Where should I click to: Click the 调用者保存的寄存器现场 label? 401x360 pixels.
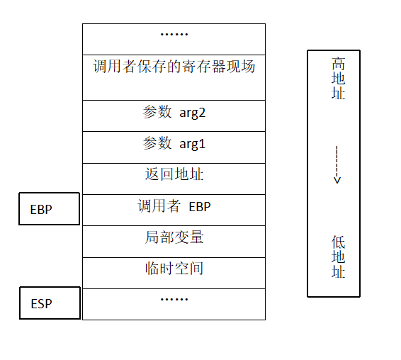pyautogui.click(x=174, y=67)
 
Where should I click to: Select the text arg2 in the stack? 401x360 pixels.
pyautogui.click(x=192, y=113)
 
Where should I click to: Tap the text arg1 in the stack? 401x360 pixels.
pyautogui.click(x=192, y=144)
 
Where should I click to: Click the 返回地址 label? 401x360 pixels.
pyautogui.click(x=174, y=174)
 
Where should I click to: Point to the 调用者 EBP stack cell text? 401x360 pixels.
pyautogui.click(x=174, y=206)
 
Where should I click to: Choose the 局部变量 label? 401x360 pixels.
pyautogui.click(x=174, y=237)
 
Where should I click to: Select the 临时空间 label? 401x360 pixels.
pyautogui.click(x=174, y=269)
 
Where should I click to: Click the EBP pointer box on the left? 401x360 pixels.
pyautogui.click(x=50, y=209)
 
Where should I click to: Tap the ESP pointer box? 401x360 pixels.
pyautogui.click(x=50, y=303)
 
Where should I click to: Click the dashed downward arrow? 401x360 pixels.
pyautogui.click(x=337, y=164)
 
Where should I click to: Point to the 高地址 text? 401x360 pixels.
pyautogui.click(x=339, y=78)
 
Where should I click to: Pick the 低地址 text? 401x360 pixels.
pyautogui.click(x=339, y=257)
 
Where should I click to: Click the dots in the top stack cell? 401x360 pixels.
pyautogui.click(x=174, y=34)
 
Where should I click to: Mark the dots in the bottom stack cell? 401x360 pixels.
pyautogui.click(x=174, y=299)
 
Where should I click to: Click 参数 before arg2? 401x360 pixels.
pyautogui.click(x=157, y=112)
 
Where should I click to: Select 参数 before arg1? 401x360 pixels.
pyautogui.click(x=157, y=143)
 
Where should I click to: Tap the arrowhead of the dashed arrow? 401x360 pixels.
pyautogui.click(x=337, y=181)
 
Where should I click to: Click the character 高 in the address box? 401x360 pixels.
pyautogui.click(x=339, y=64)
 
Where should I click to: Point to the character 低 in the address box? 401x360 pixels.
pyautogui.click(x=339, y=242)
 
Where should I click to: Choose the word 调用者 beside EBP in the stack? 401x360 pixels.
pyautogui.click(x=159, y=206)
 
